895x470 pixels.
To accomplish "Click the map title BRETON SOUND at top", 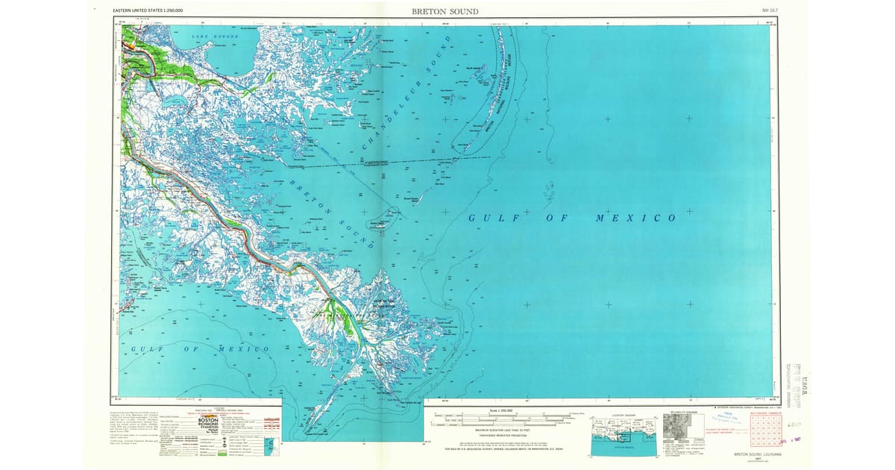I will (445, 11).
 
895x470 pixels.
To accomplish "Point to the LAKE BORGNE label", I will (214, 36).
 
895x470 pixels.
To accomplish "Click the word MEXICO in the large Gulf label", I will (635, 218).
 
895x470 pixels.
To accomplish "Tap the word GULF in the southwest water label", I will (146, 348).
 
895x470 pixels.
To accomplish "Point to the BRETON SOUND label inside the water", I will (330, 212).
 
